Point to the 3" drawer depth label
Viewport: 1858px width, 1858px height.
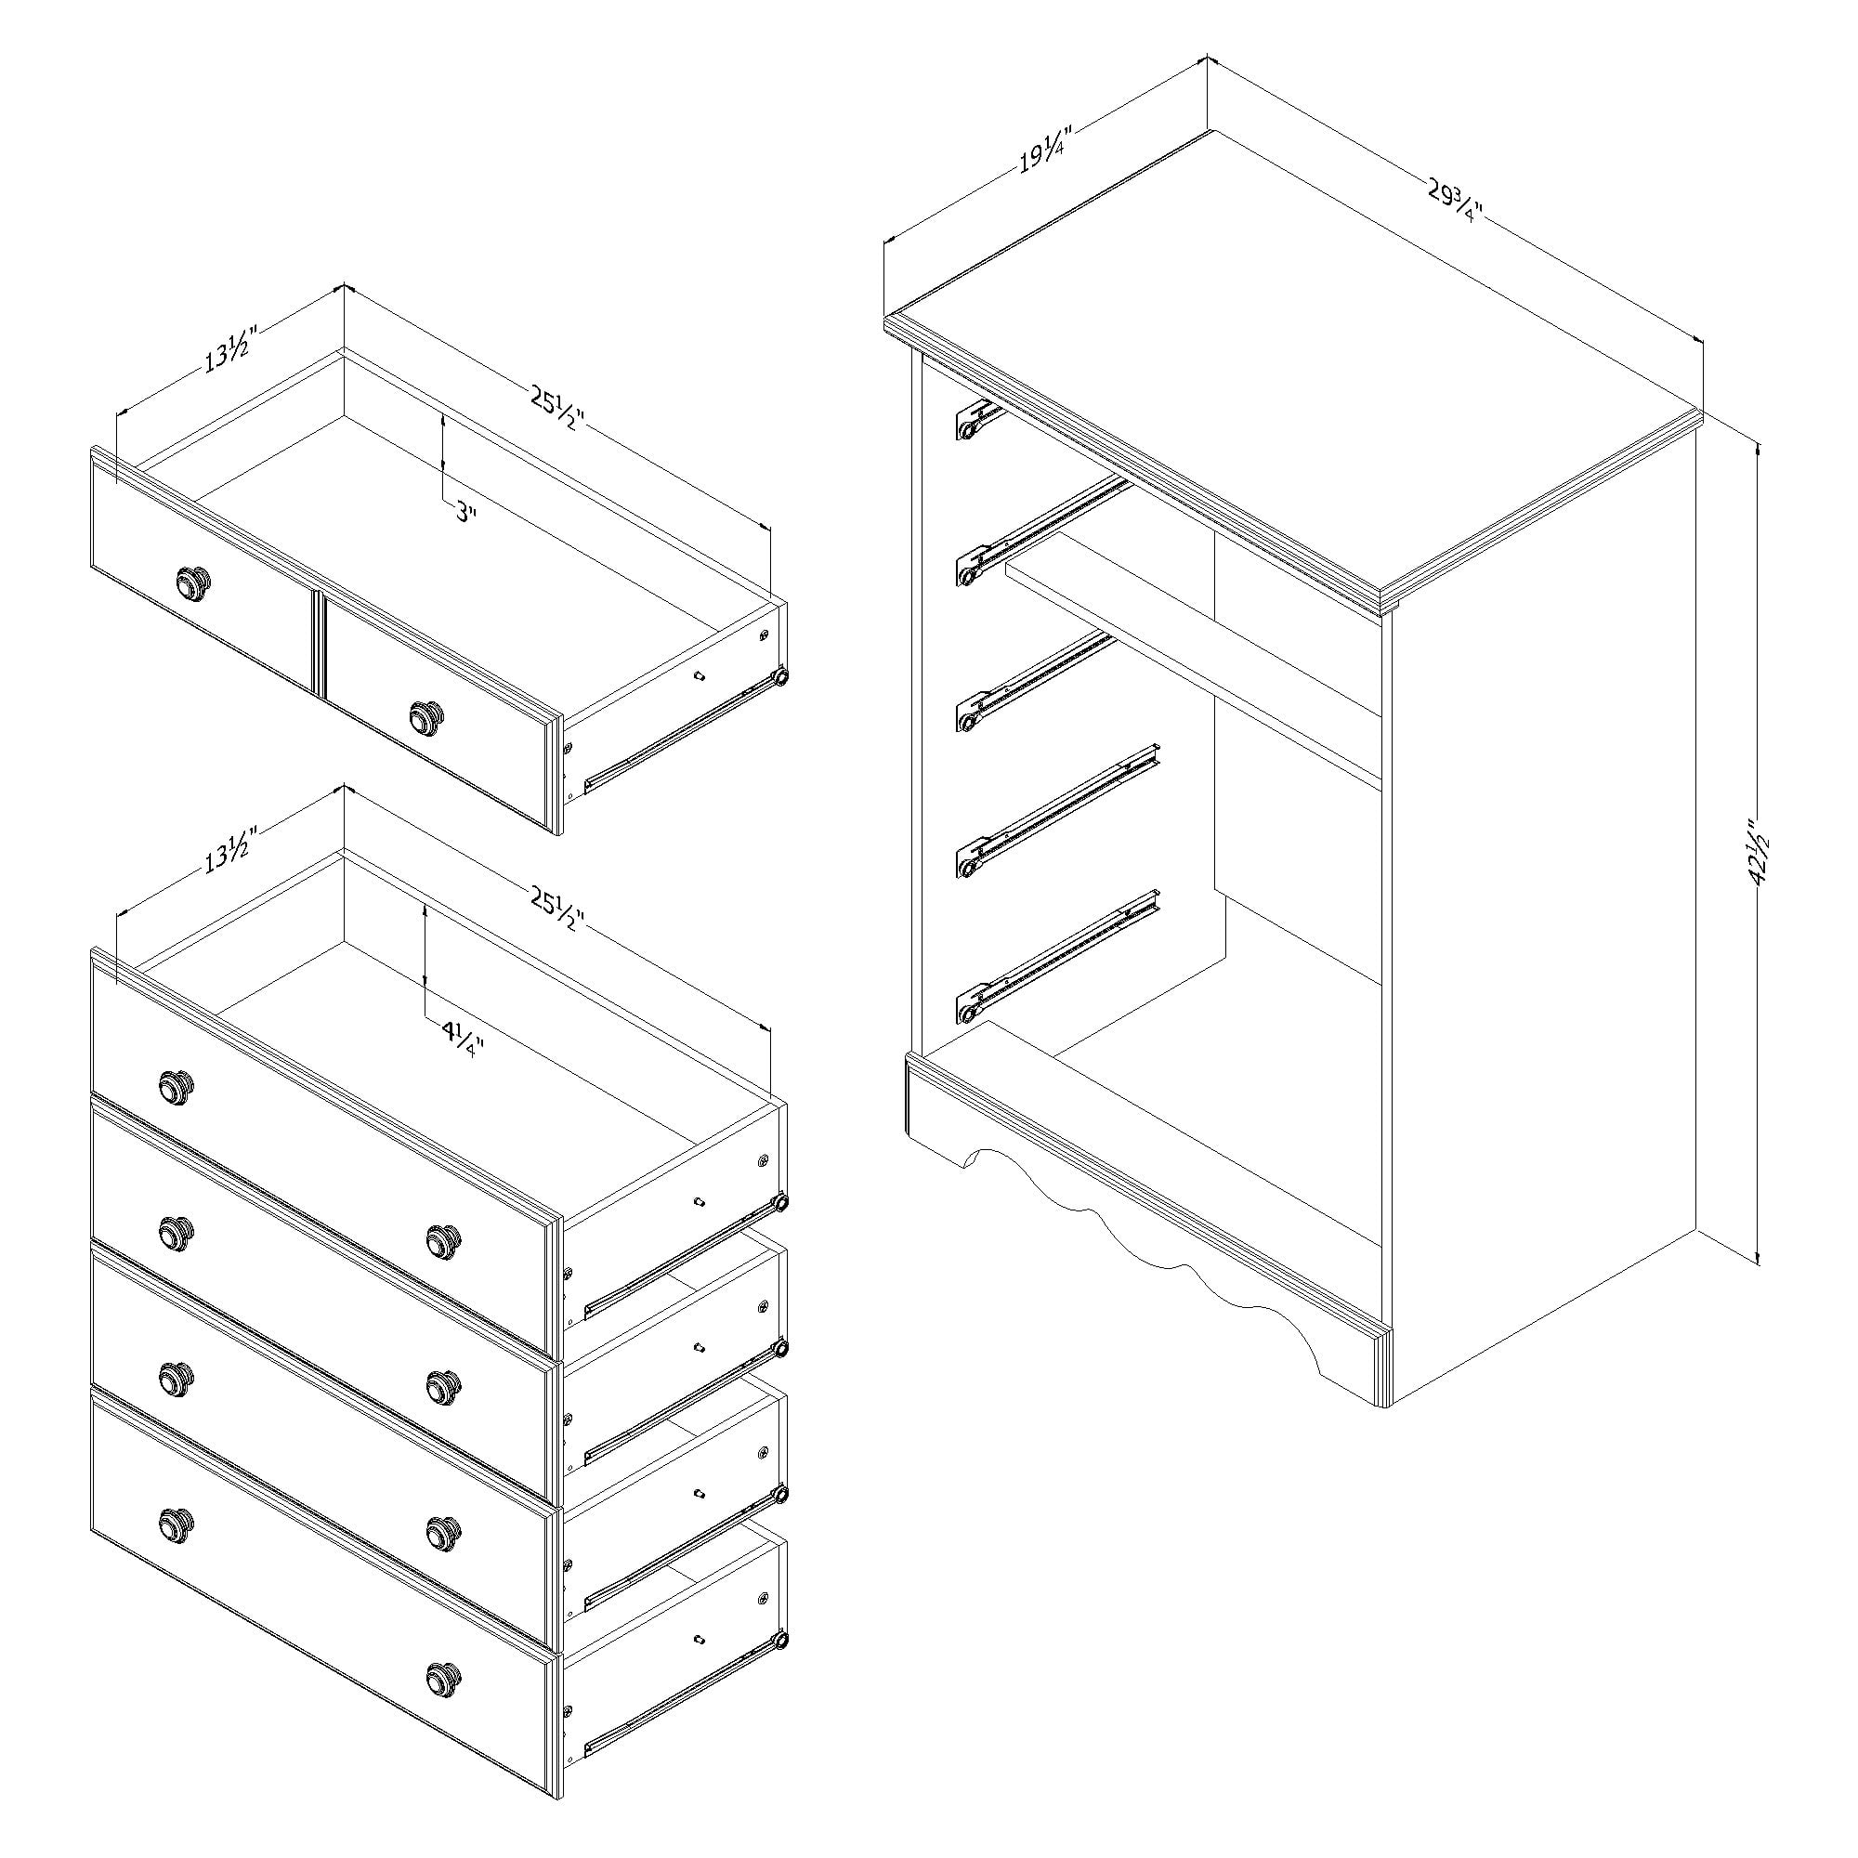[465, 514]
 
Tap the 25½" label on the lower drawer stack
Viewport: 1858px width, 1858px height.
[556, 909]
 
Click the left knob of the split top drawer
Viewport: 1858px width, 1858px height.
[193, 582]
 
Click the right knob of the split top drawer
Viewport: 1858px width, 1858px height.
[427, 715]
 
